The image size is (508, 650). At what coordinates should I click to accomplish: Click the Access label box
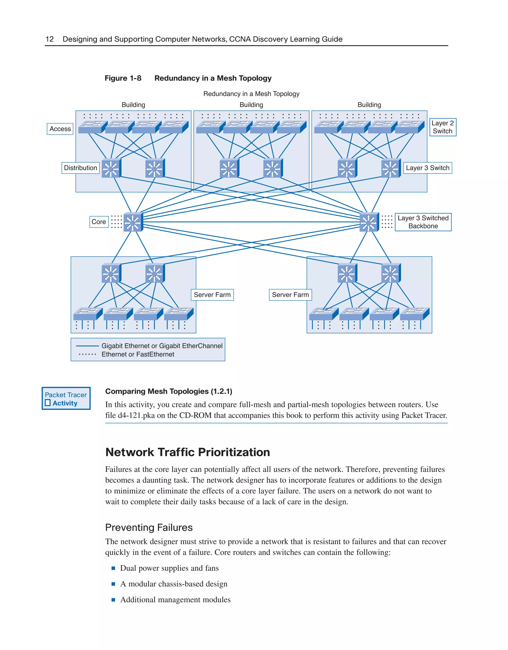tap(60, 129)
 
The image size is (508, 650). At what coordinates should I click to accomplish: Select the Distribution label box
tap(80, 168)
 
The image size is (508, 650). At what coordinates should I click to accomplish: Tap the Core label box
tap(99, 222)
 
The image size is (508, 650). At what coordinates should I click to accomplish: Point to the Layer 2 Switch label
tap(443, 127)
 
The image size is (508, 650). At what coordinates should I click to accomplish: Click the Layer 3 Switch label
tap(427, 168)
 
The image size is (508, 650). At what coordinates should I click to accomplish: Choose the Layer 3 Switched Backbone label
tap(423, 222)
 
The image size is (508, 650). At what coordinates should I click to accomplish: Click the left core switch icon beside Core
tap(133, 222)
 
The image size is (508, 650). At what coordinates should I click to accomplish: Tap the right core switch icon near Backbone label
tap(369, 222)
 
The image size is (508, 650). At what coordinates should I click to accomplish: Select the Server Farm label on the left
tap(212, 295)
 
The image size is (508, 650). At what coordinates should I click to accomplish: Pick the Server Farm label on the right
tap(290, 295)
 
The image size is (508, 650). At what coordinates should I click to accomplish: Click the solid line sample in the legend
tap(88, 346)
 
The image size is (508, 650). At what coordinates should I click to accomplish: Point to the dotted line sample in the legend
tap(88, 355)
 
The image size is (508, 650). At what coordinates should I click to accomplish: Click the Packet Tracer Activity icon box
tap(66, 398)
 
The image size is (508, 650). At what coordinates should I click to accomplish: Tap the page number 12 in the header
tap(49, 39)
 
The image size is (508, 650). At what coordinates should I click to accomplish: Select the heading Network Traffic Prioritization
tap(188, 452)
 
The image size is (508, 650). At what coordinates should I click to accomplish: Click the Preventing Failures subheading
tap(149, 527)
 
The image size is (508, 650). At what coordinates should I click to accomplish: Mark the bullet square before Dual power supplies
tap(113, 568)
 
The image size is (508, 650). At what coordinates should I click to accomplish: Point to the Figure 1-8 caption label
tap(123, 78)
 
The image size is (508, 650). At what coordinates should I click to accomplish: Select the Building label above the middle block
tap(251, 105)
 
